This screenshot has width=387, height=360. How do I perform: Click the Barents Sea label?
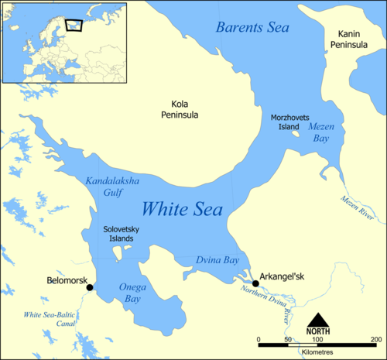click(x=252, y=28)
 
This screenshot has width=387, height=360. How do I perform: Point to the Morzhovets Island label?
click(x=290, y=122)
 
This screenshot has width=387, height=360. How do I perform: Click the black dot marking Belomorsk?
click(x=90, y=287)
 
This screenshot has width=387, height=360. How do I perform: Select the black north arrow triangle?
click(x=318, y=319)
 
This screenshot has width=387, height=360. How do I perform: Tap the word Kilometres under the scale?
click(x=318, y=351)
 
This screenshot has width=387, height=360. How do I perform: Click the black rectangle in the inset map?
click(x=74, y=26)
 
